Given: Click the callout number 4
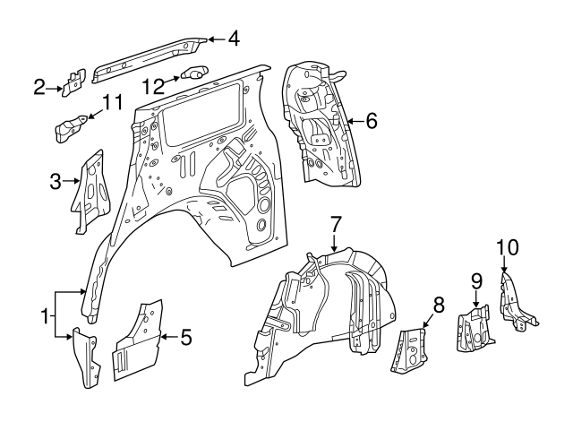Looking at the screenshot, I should click(233, 39).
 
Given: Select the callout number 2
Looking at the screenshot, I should click(39, 87).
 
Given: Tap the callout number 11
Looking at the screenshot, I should click(110, 104).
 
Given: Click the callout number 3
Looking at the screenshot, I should click(56, 183).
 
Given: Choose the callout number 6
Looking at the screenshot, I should click(372, 118).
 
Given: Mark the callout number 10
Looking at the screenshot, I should click(506, 246).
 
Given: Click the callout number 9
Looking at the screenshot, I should click(477, 281).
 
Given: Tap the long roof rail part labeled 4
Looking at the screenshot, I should click(148, 56).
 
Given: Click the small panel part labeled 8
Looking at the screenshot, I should click(408, 348).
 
